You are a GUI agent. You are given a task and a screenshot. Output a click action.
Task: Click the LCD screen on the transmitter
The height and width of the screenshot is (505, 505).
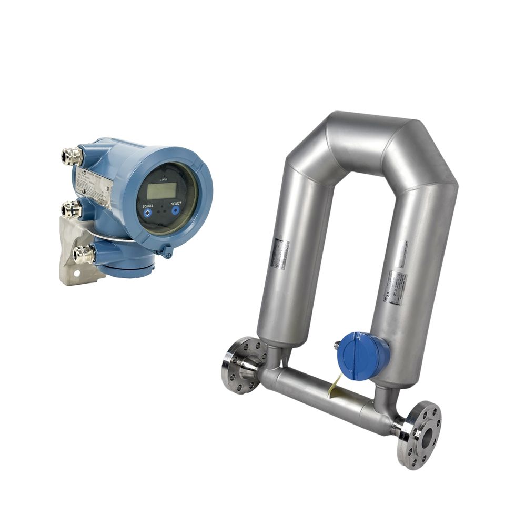coord(161,190)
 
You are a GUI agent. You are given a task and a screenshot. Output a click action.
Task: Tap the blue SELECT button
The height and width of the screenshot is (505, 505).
coord(176,210)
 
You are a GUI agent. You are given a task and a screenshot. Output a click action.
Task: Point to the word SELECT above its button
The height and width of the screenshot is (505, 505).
coord(176,203)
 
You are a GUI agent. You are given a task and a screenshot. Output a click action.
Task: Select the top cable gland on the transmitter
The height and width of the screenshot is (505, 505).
coord(72,156)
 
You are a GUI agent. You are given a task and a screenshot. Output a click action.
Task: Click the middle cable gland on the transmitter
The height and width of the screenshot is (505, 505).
coord(71,210)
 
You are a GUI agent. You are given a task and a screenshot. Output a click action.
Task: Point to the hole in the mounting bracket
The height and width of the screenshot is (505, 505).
coord(76,274)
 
